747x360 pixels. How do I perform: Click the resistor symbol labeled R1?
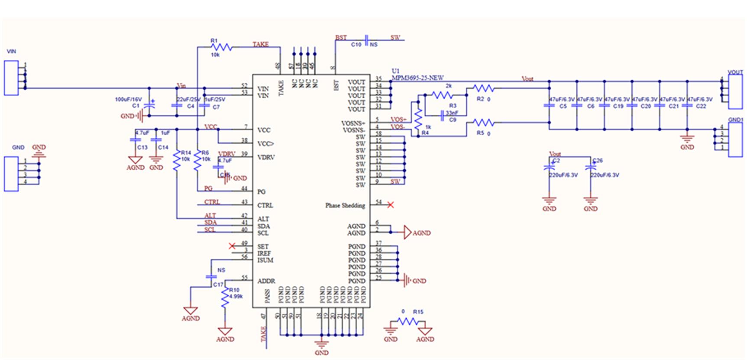223,47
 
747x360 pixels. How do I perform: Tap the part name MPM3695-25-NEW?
417,78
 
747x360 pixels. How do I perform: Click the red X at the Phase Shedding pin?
391,204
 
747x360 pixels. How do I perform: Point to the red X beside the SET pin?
232,246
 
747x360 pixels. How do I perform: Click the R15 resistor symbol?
407,321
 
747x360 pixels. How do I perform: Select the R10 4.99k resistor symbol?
225,298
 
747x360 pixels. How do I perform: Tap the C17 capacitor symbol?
211,276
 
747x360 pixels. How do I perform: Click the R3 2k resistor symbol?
442,95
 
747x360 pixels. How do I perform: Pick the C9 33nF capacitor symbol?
443,115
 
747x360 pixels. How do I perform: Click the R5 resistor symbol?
483,123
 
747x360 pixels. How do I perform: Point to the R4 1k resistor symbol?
418,119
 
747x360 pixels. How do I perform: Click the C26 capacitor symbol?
590,167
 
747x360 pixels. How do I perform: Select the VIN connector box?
11,78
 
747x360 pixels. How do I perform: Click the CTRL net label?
212,202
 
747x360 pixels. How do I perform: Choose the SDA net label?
210,223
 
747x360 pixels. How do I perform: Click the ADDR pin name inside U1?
266,281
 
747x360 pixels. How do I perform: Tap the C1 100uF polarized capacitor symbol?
149,104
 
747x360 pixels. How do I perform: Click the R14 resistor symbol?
177,160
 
